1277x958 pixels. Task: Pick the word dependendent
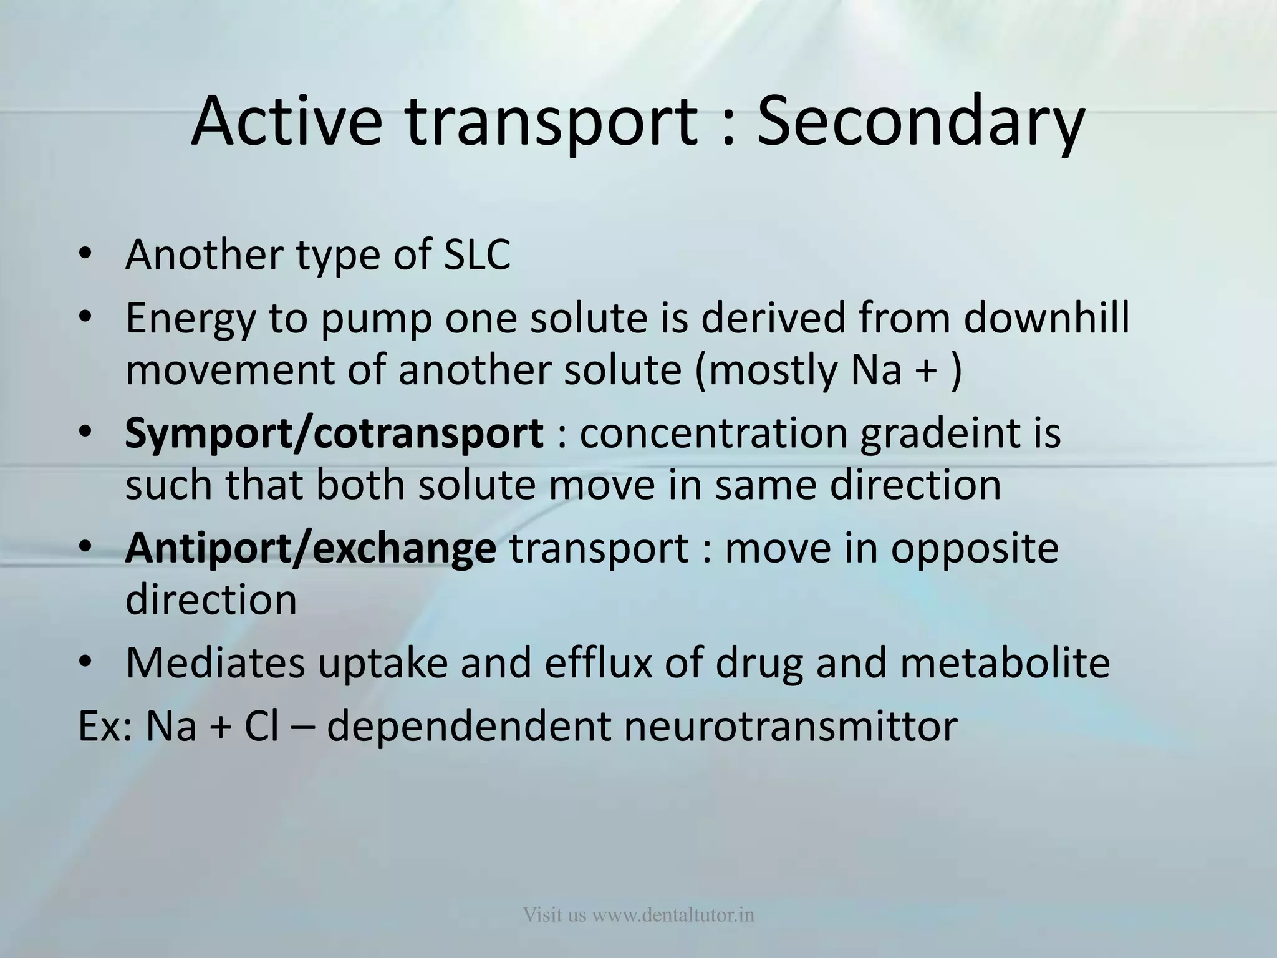(x=468, y=726)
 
